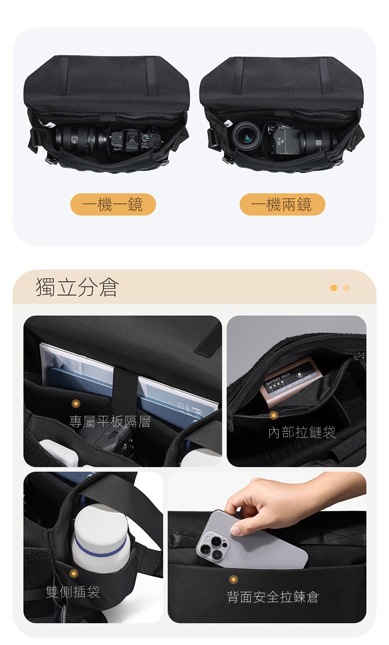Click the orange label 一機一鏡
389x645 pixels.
point(113,204)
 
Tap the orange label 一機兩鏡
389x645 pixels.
point(282,204)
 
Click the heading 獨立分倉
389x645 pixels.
point(77,287)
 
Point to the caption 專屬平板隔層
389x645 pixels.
point(110,422)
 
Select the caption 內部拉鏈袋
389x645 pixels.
point(302,432)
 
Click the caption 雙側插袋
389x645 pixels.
point(73,592)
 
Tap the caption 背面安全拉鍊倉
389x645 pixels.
point(273,597)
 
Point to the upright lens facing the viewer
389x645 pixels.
point(247,135)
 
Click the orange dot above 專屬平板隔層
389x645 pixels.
point(76,404)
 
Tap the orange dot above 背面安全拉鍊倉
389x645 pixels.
point(233,579)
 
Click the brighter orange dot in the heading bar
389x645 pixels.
point(334,288)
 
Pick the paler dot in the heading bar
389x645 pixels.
point(347,288)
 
